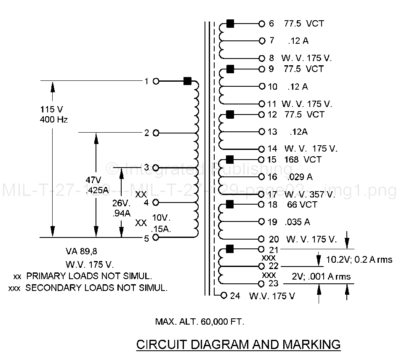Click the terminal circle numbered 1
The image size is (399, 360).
click(156, 81)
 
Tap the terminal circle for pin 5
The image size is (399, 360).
click(156, 238)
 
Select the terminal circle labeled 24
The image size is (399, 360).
click(224, 295)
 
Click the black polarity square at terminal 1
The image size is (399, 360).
click(187, 81)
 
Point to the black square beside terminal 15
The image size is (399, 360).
click(230, 159)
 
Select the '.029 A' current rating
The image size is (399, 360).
click(301, 177)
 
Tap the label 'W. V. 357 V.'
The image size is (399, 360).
click(309, 195)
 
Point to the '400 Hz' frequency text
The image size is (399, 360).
click(53, 120)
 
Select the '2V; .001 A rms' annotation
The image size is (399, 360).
click(322, 276)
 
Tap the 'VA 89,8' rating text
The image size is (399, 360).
click(81, 251)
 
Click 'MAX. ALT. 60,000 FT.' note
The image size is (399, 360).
click(199, 322)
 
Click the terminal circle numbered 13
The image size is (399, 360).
click(262, 132)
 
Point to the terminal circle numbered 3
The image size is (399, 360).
click(156, 168)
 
